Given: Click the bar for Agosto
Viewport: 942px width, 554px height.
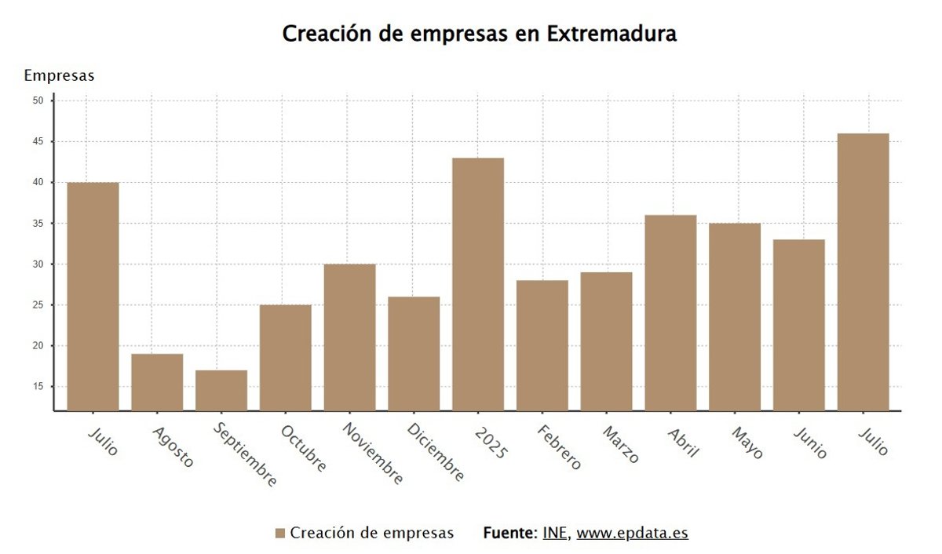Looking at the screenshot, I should [157, 382].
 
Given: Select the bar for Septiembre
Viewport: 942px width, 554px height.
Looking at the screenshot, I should [221, 390].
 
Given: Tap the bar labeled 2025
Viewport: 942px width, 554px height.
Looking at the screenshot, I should [478, 284].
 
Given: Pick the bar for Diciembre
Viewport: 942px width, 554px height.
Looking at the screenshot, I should [414, 353].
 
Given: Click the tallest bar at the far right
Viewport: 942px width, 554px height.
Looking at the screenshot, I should [863, 272].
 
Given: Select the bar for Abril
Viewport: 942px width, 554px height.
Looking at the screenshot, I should [670, 312].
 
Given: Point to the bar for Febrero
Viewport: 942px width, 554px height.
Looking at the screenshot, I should [542, 345].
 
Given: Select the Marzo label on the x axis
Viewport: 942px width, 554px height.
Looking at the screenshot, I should [621, 445].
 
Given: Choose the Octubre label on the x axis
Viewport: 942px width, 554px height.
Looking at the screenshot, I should [303, 449].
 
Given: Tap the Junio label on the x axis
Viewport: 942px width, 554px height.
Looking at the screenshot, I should [810, 443].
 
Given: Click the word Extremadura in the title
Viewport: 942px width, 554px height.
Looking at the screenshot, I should [612, 35].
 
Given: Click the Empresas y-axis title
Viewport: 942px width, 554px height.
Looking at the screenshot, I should [59, 76].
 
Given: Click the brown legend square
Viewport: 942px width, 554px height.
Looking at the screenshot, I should [280, 534].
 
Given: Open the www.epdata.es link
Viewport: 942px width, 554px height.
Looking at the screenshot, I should [632, 533].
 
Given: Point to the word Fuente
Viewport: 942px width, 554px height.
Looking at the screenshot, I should [509, 533].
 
